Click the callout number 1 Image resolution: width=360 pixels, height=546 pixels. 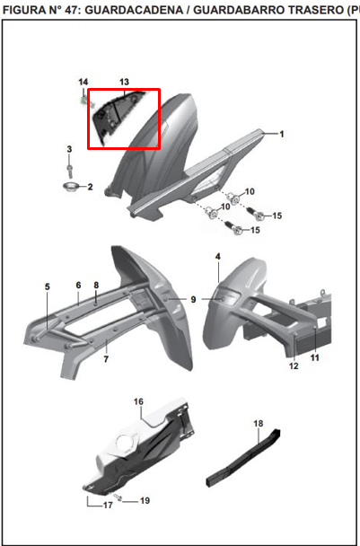(282, 134)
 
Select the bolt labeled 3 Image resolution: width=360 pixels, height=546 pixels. (70, 169)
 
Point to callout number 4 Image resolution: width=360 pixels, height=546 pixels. (218, 257)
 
